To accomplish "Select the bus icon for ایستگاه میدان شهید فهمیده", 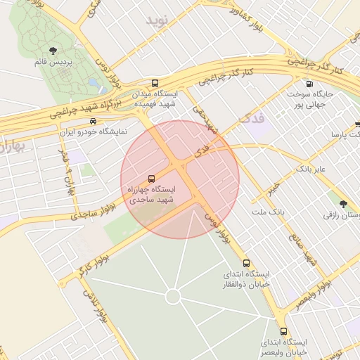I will pyautogui.click(x=155, y=83).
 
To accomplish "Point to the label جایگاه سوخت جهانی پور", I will pyautogui.click(x=310, y=100).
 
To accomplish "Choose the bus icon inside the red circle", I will pyautogui.click(x=152, y=179).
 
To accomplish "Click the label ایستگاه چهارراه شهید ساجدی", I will pyautogui.click(x=152, y=195).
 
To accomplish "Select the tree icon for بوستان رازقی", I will pyautogui.click(x=343, y=203).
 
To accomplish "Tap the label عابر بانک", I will pyautogui.click(x=311, y=169).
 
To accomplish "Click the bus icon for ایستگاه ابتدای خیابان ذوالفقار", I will pyautogui.click(x=245, y=262).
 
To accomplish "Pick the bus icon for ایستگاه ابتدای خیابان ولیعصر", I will pyautogui.click(x=283, y=331).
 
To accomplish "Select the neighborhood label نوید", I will pyautogui.click(x=158, y=20).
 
